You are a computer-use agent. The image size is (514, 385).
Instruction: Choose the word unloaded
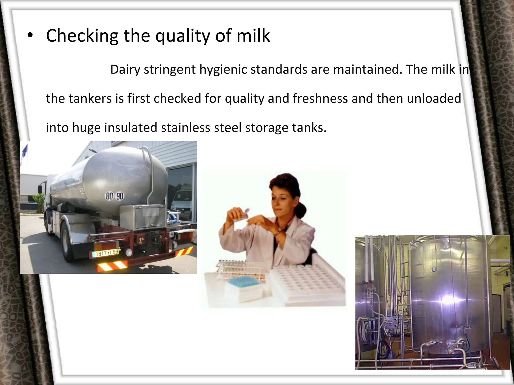point(434,99)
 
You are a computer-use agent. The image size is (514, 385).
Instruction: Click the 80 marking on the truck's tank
point(109,196)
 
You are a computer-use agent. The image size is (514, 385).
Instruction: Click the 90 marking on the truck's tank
point(119,196)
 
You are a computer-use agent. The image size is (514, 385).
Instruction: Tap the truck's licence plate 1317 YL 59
point(105,253)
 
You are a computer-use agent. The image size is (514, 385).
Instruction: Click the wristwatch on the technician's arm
point(279,229)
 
